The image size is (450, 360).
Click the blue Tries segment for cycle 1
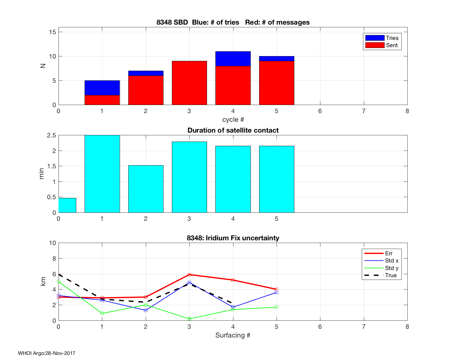(102, 88)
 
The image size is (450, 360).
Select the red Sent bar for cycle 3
(189, 83)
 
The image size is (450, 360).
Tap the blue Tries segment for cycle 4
(233, 59)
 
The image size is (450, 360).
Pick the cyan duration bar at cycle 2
(146, 189)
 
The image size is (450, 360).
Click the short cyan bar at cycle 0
(67, 205)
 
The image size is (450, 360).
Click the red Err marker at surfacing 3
(189, 274)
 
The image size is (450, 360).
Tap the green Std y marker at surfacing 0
(59, 282)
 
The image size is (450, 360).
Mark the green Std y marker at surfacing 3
(189, 319)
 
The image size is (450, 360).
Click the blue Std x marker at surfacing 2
(146, 310)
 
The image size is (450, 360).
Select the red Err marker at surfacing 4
(233, 280)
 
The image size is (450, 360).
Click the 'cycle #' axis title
(233, 120)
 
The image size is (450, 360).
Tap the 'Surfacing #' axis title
(233, 335)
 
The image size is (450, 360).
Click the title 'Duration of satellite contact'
(233, 130)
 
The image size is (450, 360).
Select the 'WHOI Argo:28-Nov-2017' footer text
(46, 353)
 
